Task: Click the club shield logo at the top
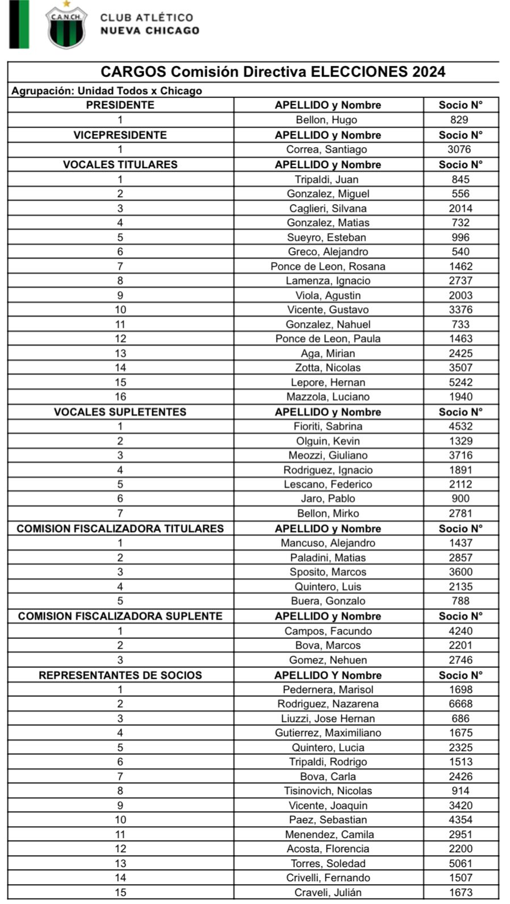click(66, 25)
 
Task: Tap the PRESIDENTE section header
click(120, 105)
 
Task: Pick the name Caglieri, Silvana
click(328, 209)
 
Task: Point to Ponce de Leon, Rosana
click(328, 266)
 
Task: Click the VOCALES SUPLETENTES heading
click(120, 412)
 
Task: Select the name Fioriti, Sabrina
click(328, 426)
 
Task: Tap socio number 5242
click(460, 382)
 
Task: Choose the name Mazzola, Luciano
click(328, 397)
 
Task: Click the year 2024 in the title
click(429, 72)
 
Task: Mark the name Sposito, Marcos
click(328, 572)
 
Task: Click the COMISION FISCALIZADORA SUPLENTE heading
click(120, 616)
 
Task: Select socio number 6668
click(460, 704)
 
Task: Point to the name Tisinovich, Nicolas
click(328, 791)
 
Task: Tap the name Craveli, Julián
click(328, 893)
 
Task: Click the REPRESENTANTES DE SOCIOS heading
click(120, 676)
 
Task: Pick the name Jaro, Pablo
click(328, 499)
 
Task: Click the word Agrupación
click(43, 91)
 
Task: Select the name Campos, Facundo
click(328, 631)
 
